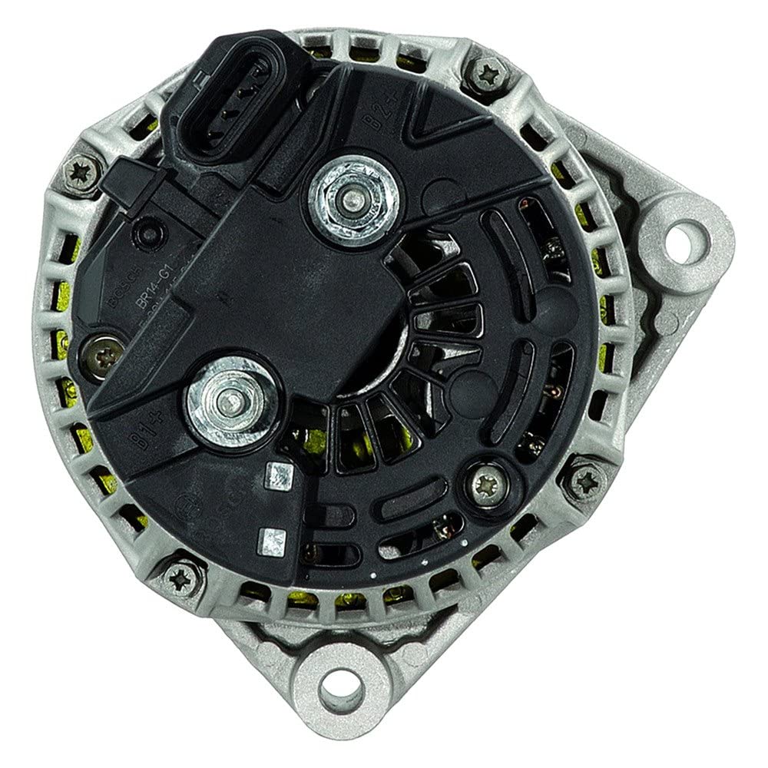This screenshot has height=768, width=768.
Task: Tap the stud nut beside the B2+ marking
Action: tap(353, 198)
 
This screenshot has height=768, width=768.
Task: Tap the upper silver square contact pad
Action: tap(276, 476)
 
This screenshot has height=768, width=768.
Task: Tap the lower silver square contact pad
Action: tap(270, 538)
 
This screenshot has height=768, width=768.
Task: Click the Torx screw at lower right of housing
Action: tap(585, 482)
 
